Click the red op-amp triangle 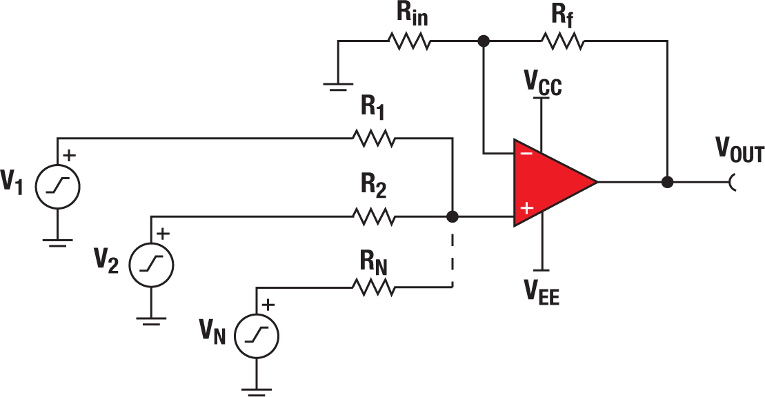548,183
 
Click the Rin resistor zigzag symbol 410,42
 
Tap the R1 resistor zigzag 375,139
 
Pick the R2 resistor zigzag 375,217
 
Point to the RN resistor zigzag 375,287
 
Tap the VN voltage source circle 257,336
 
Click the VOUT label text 739,150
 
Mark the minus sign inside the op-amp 526,154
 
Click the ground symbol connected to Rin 338,85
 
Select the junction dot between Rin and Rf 484,42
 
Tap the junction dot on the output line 667,183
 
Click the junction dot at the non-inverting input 453,217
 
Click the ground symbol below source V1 58,241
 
